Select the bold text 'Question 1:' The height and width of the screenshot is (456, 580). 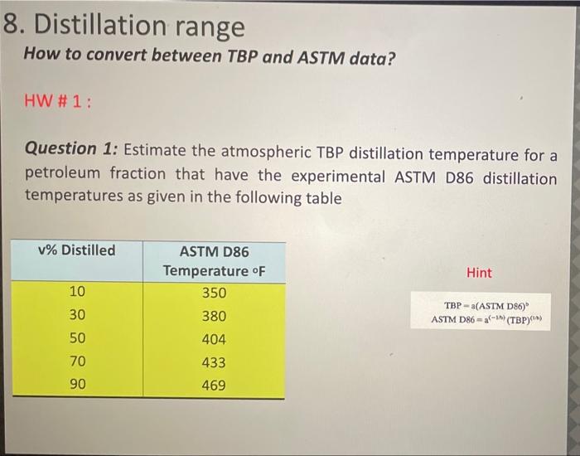pos(72,149)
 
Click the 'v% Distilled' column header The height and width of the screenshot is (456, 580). pos(77,250)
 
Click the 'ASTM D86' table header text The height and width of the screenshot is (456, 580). pos(213,251)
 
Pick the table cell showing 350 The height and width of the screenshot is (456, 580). pos(213,293)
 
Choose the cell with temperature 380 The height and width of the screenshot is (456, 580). pos(213,316)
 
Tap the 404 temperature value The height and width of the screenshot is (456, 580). pos(213,339)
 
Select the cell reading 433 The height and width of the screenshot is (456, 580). pos(213,362)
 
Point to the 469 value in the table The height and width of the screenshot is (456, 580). pos(213,386)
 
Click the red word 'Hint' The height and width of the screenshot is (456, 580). pos(479,273)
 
